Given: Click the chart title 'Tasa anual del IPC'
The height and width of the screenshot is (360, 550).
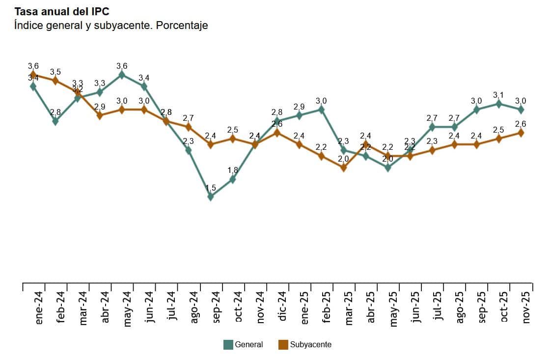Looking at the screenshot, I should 62,11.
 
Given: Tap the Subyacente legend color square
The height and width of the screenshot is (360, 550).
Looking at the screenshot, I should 283,345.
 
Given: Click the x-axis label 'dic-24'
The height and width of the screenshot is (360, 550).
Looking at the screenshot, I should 282,306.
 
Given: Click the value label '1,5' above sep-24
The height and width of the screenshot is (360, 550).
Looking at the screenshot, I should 211,188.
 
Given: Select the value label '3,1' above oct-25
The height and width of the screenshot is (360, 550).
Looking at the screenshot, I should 499,95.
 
